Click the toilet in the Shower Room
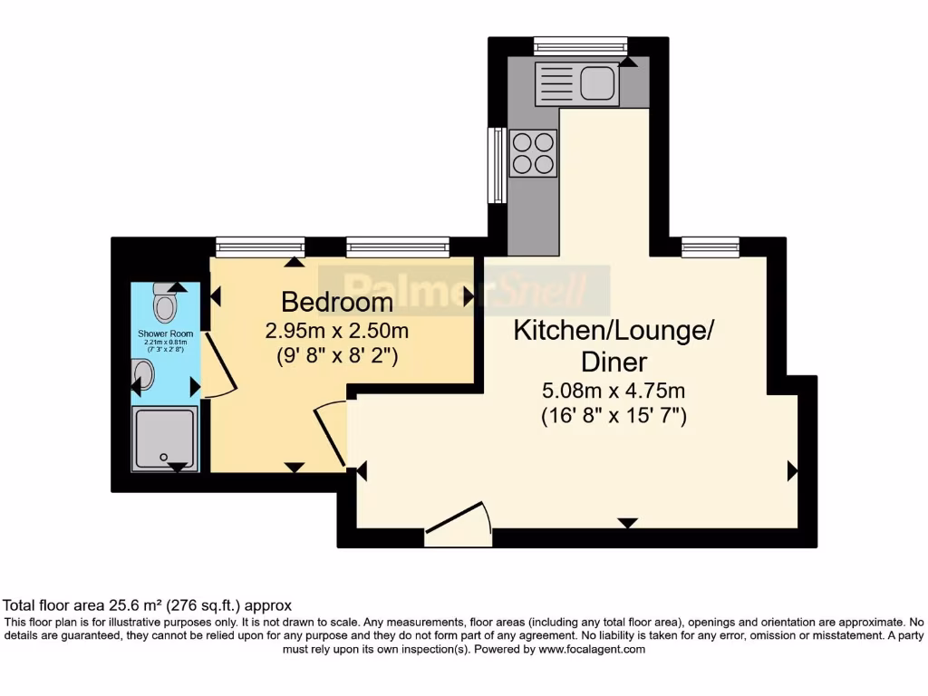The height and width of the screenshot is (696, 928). click(x=164, y=304)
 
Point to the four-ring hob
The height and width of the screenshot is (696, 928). click(x=533, y=152)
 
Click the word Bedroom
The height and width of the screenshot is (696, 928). click(x=337, y=302)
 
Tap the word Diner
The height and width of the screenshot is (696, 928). click(x=614, y=362)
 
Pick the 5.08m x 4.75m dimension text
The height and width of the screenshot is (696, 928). click(x=614, y=391)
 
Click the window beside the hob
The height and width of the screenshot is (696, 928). click(x=496, y=165)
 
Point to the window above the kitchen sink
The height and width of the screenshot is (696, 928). click(x=580, y=44)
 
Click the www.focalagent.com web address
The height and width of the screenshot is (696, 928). click(x=592, y=649)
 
